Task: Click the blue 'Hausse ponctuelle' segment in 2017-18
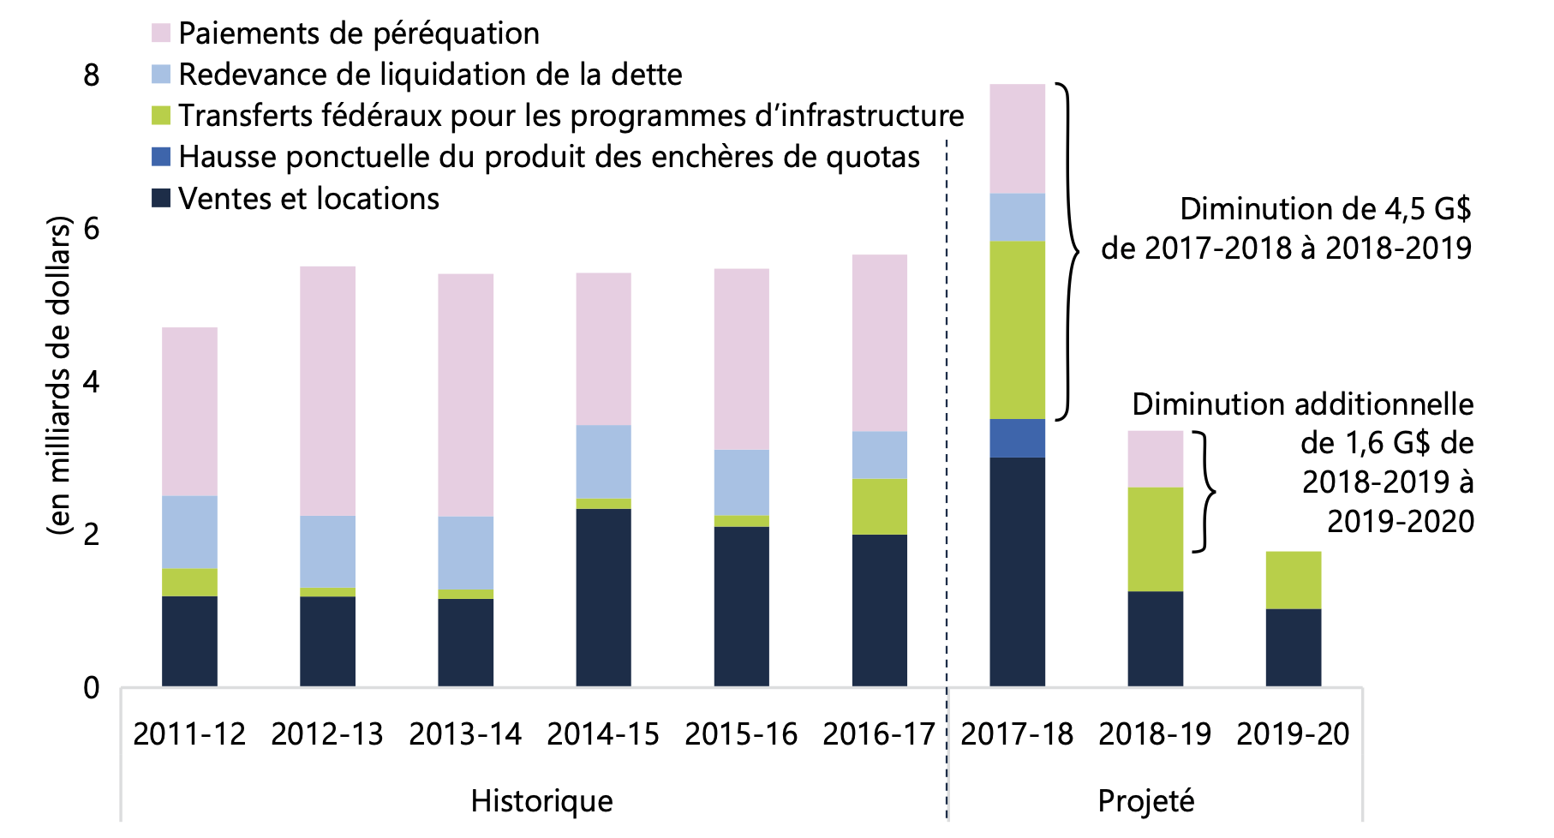(x=1017, y=438)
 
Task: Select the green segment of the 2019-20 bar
(x=1293, y=579)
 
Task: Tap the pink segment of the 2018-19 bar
(x=1155, y=458)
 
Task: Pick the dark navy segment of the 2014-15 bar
(x=603, y=597)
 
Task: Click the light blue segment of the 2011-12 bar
(x=189, y=531)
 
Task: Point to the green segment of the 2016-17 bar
(x=879, y=506)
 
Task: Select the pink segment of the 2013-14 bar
(x=465, y=394)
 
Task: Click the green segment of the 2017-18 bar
(x=1017, y=330)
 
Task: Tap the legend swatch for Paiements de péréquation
(x=161, y=33)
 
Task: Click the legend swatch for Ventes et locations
(x=161, y=199)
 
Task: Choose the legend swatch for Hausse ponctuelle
(x=161, y=157)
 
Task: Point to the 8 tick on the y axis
(x=92, y=75)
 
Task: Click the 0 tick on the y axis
(x=92, y=687)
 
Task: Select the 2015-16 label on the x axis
(x=741, y=734)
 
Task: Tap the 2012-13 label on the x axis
(x=327, y=734)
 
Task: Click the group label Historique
(x=541, y=801)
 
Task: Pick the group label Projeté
(x=1145, y=801)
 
